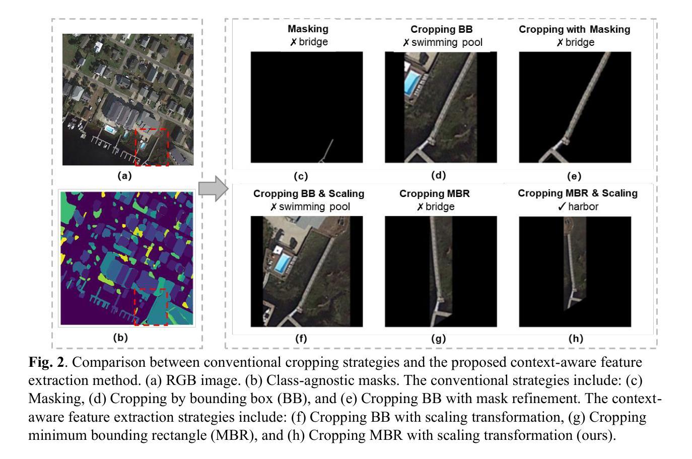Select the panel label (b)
click(x=120, y=338)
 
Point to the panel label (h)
click(x=575, y=339)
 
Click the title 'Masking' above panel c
click(x=308, y=29)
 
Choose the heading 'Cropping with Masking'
click(x=574, y=29)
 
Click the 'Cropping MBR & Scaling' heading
click(x=577, y=193)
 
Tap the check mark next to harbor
click(x=562, y=207)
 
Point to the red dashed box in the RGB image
click(x=151, y=147)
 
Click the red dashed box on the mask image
click(x=151, y=307)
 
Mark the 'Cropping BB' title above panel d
click(x=441, y=29)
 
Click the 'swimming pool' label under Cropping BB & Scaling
click(x=314, y=207)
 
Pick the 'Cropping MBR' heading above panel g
click(x=434, y=193)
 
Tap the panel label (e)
click(x=574, y=176)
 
